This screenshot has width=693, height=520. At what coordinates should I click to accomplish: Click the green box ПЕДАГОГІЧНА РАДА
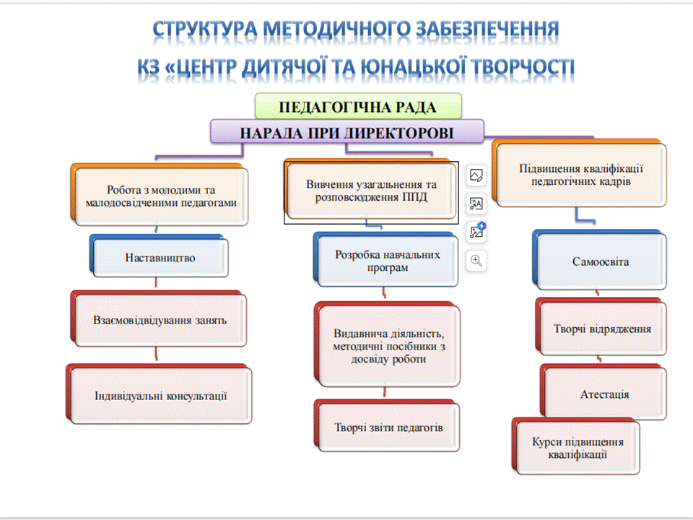coord(359,106)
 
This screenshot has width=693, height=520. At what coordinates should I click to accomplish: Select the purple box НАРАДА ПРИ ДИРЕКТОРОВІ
coord(347,131)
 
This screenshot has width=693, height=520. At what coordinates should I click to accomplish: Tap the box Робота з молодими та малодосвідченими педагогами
coord(160,195)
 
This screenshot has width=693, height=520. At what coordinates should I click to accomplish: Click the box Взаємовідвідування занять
coord(159,318)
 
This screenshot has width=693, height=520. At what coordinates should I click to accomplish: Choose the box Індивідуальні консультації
coord(159,394)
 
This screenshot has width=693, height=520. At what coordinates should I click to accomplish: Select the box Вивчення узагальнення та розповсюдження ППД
coord(370,189)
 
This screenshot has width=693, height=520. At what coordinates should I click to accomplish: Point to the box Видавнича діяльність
coord(387,344)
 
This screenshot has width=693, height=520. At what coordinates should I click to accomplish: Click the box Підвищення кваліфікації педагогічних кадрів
coord(579,173)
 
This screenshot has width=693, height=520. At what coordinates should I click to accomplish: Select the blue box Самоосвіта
coord(599,260)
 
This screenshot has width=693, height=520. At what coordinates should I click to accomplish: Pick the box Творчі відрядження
coord(601,327)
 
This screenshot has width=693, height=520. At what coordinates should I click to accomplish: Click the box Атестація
coord(603,392)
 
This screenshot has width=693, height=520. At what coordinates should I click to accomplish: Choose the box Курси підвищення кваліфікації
coord(576,446)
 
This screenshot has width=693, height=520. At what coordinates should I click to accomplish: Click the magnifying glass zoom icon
coord(476,261)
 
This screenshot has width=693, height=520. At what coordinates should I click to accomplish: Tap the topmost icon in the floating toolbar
coord(476,175)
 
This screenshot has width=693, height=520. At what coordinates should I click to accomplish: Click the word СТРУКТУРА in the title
coord(204,30)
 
